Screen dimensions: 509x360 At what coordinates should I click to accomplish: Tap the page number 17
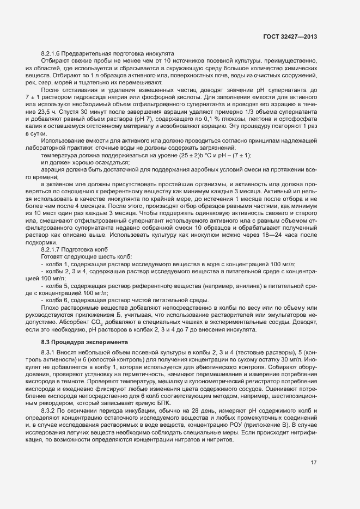tap(314, 479)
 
